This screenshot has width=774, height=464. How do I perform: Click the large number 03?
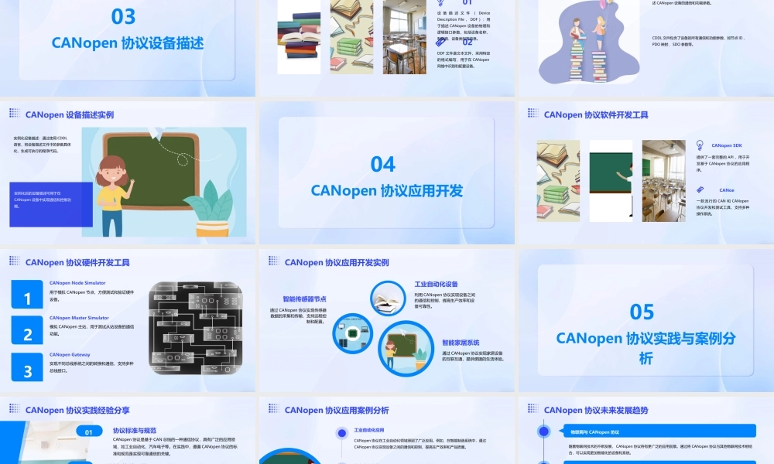point(124,16)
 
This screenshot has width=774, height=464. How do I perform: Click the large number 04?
point(383,164)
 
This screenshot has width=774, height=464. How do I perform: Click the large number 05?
point(642,312)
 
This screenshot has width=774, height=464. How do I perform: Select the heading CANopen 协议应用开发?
point(387,190)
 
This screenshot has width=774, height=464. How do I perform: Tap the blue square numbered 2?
point(27,335)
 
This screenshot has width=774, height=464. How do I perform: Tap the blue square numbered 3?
point(27,371)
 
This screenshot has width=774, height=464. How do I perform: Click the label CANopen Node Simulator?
point(77,283)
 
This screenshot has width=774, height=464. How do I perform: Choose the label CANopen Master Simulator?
point(79,318)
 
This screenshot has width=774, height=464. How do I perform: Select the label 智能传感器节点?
point(304,299)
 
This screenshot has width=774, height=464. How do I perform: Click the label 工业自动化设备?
point(436,285)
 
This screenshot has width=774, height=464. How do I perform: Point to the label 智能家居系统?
point(461,343)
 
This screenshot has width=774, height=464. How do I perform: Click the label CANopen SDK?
point(726,145)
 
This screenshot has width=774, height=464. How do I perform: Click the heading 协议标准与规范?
point(135,431)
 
